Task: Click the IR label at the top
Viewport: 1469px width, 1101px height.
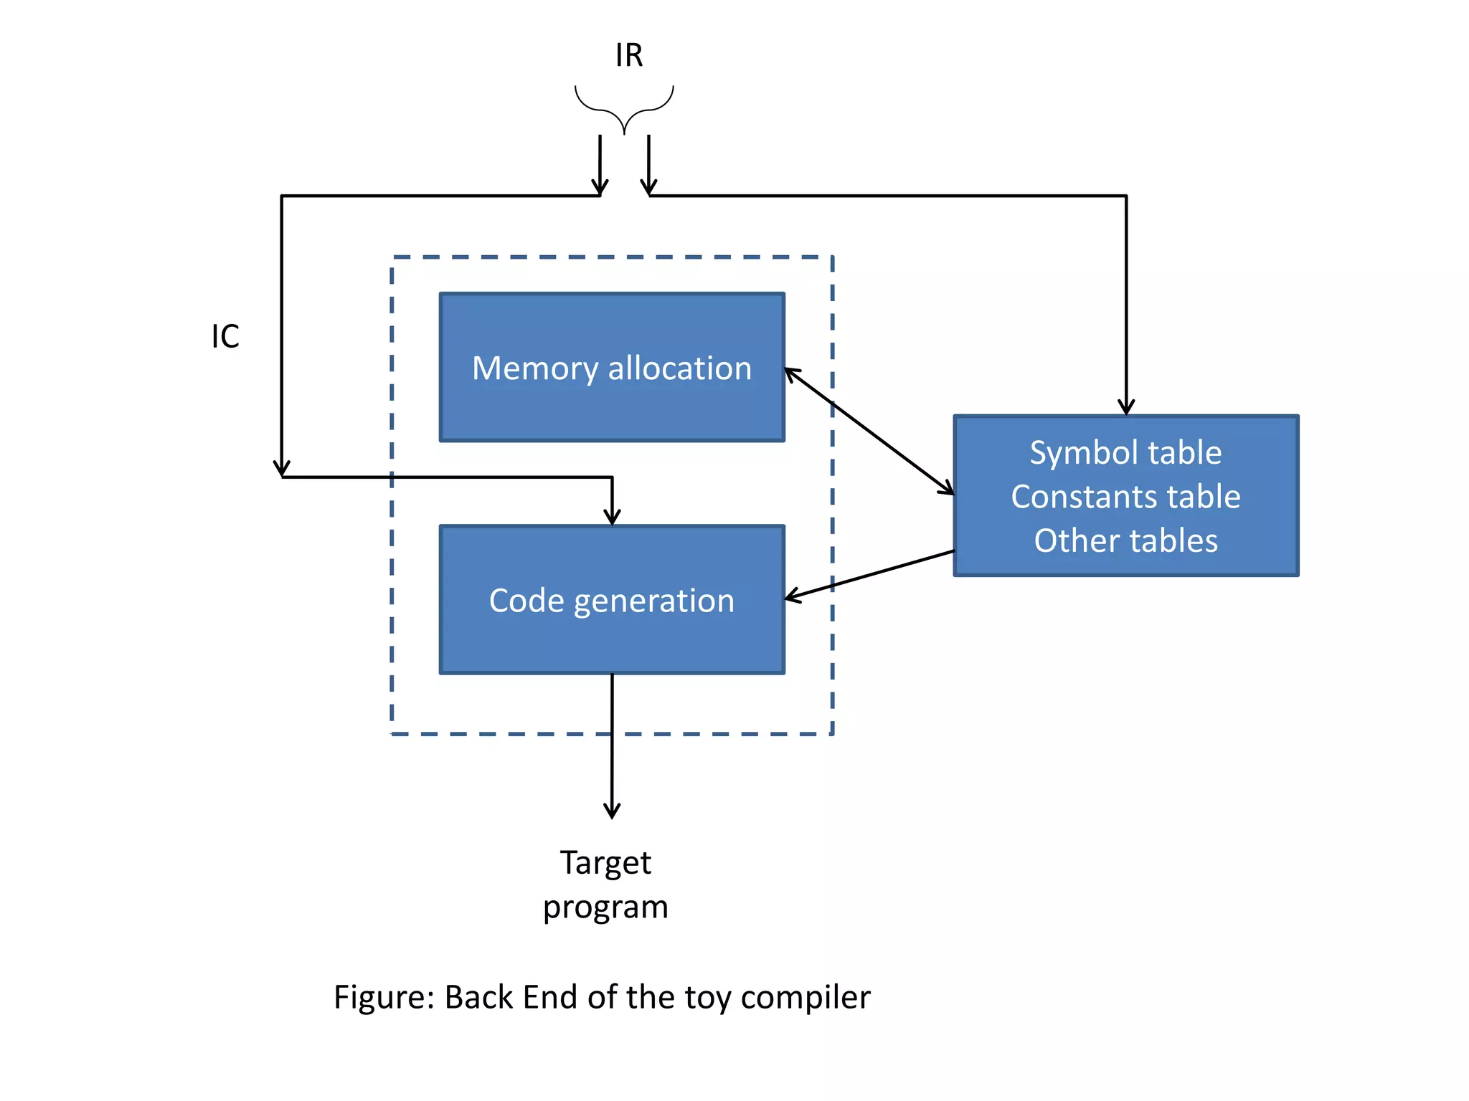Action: [628, 55]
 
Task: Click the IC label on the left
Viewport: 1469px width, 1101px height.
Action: [225, 336]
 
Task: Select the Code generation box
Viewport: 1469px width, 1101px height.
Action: [611, 638]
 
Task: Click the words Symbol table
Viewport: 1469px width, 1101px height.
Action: [1125, 453]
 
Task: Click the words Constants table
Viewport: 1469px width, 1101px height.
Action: [1125, 497]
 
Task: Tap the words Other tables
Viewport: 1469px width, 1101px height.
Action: [1125, 540]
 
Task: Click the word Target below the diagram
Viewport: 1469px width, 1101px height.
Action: [605, 863]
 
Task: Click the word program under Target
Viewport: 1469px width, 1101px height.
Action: [605, 907]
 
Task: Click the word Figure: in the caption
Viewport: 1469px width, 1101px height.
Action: [384, 997]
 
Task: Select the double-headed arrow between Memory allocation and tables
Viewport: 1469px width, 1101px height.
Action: [869, 432]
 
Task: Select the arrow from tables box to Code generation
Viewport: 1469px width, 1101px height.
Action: [869, 575]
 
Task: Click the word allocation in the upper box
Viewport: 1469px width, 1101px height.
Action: [679, 368]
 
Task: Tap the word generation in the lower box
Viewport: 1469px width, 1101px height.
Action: [653, 601]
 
